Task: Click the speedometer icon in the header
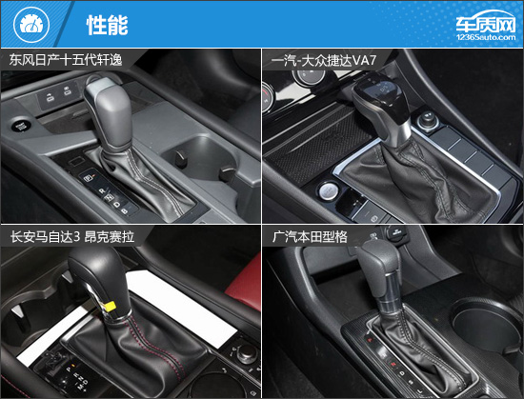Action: click(x=31, y=25)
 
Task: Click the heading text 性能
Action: click(x=108, y=25)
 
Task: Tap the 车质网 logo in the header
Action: click(x=486, y=26)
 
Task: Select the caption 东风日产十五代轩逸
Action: click(x=66, y=60)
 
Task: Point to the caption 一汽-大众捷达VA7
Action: click(x=324, y=61)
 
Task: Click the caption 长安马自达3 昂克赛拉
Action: click(x=72, y=237)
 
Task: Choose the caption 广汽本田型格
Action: click(x=310, y=237)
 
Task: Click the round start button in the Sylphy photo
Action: click(x=21, y=126)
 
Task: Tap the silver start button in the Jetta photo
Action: click(x=327, y=191)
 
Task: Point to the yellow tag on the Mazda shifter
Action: click(x=110, y=306)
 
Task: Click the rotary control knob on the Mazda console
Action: click(x=248, y=354)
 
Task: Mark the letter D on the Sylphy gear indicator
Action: click(x=116, y=205)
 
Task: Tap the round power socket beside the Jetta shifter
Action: click(x=429, y=121)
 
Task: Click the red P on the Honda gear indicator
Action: click(x=370, y=340)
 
